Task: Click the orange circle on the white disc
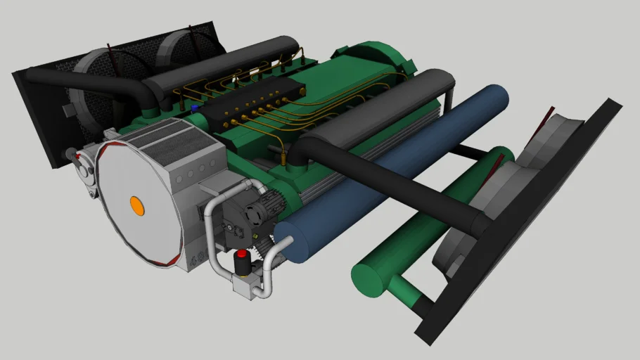137,205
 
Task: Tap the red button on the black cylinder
241,255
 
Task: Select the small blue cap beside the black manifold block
195,108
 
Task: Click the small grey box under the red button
246,285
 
